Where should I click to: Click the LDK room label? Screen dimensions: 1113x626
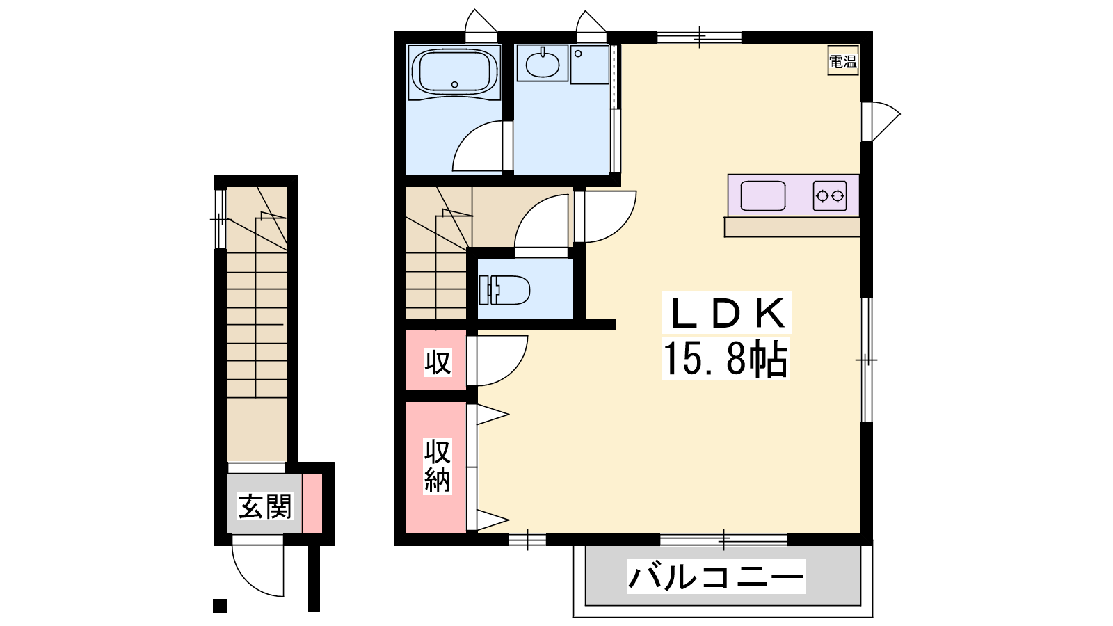[x=726, y=313]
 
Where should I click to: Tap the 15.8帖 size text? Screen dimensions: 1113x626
[x=726, y=359]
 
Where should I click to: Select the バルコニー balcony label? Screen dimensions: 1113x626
[x=716, y=577]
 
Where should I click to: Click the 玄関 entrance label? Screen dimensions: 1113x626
[x=264, y=506]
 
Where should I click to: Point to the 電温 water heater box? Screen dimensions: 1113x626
[x=843, y=61]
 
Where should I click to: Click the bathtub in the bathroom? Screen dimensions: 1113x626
[x=454, y=72]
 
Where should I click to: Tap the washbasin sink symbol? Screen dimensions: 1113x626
[x=542, y=63]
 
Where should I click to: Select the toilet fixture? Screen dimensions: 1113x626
[x=504, y=289]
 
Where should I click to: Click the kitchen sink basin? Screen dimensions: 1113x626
[x=762, y=195]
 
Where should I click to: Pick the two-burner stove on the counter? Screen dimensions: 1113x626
[x=830, y=195]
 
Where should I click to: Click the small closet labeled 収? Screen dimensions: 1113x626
[x=436, y=361]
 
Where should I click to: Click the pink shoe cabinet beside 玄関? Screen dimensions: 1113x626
[x=312, y=504]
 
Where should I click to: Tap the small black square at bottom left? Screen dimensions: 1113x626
[x=220, y=606]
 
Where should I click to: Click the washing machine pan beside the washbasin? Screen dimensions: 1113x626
[x=590, y=65]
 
